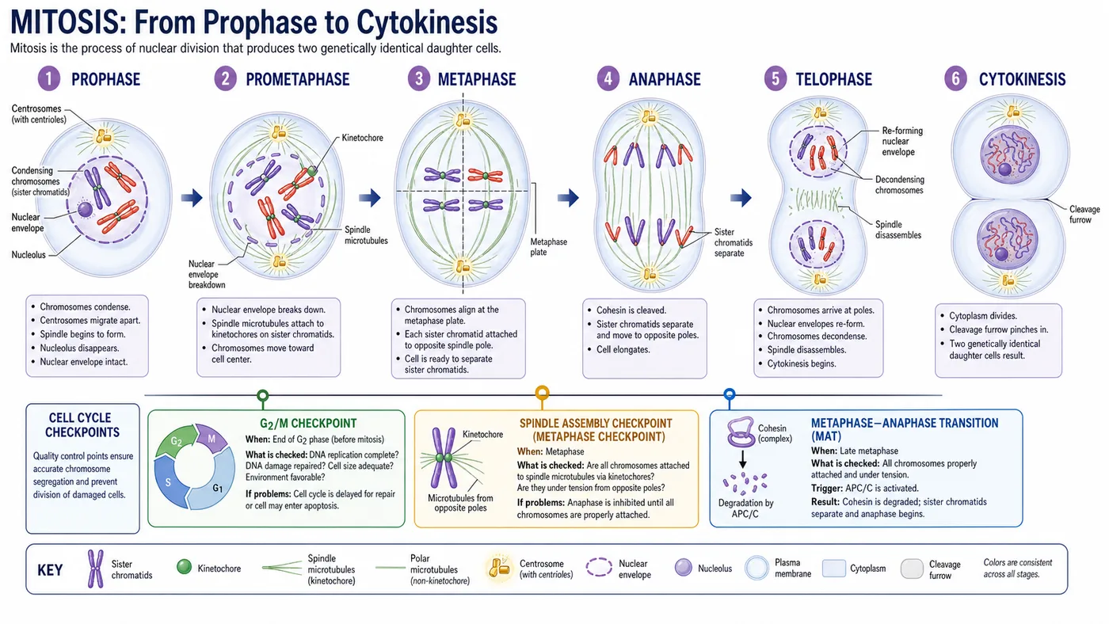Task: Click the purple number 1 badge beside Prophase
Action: click(48, 78)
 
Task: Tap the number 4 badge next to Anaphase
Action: click(608, 78)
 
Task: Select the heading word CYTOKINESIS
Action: click(1022, 79)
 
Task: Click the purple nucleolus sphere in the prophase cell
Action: click(85, 209)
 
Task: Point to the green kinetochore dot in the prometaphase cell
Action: click(312, 171)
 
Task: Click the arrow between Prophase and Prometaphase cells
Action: click(192, 197)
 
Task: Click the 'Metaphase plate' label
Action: click(548, 247)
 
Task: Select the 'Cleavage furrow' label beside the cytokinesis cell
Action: click(1084, 215)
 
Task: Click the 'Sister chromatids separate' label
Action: click(734, 242)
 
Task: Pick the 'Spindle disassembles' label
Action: click(898, 230)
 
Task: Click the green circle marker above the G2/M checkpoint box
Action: click(263, 395)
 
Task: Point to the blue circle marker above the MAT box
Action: click(730, 394)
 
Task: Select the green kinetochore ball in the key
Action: click(184, 567)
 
